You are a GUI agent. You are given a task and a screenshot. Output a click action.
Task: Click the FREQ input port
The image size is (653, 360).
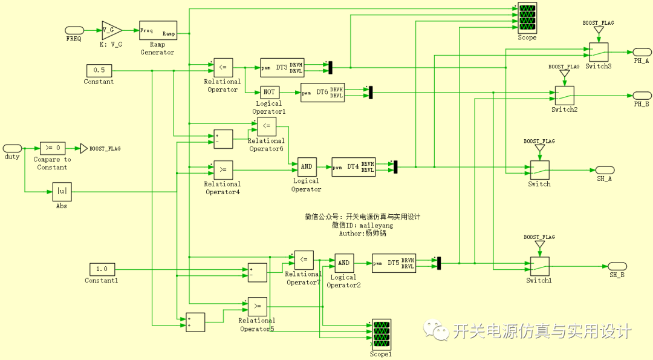pos(74,30)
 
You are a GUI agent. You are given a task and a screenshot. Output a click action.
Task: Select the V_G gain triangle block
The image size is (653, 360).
pos(111,30)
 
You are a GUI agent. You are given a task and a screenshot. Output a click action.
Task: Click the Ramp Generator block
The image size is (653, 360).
pos(158,30)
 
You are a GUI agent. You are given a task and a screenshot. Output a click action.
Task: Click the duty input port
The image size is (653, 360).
pos(12,148)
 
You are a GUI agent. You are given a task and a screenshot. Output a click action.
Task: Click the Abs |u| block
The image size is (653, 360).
pos(62,192)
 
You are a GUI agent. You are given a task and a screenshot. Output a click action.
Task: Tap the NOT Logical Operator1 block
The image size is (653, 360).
pos(269,92)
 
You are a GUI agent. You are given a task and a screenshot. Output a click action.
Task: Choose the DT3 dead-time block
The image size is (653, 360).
pos(282,67)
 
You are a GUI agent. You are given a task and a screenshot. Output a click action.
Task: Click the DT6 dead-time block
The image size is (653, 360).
pos(322,92)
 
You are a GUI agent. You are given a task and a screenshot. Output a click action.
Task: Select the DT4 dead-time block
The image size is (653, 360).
pos(353,166)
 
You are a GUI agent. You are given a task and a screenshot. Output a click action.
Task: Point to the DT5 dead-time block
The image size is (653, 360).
pos(394,263)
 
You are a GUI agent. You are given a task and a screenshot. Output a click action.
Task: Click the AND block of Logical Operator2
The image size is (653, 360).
pos(343,263)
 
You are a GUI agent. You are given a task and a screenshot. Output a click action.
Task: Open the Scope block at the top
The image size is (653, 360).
pos(527,18)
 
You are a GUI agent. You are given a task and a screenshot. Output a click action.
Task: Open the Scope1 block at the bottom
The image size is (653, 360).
pos(381,334)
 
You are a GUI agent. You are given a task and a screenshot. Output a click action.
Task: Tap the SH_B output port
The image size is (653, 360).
pos(617,266)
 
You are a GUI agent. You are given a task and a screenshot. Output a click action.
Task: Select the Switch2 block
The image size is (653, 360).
pos(564,95)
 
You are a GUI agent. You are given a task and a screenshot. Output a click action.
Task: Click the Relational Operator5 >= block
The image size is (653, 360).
pos(258,306)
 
